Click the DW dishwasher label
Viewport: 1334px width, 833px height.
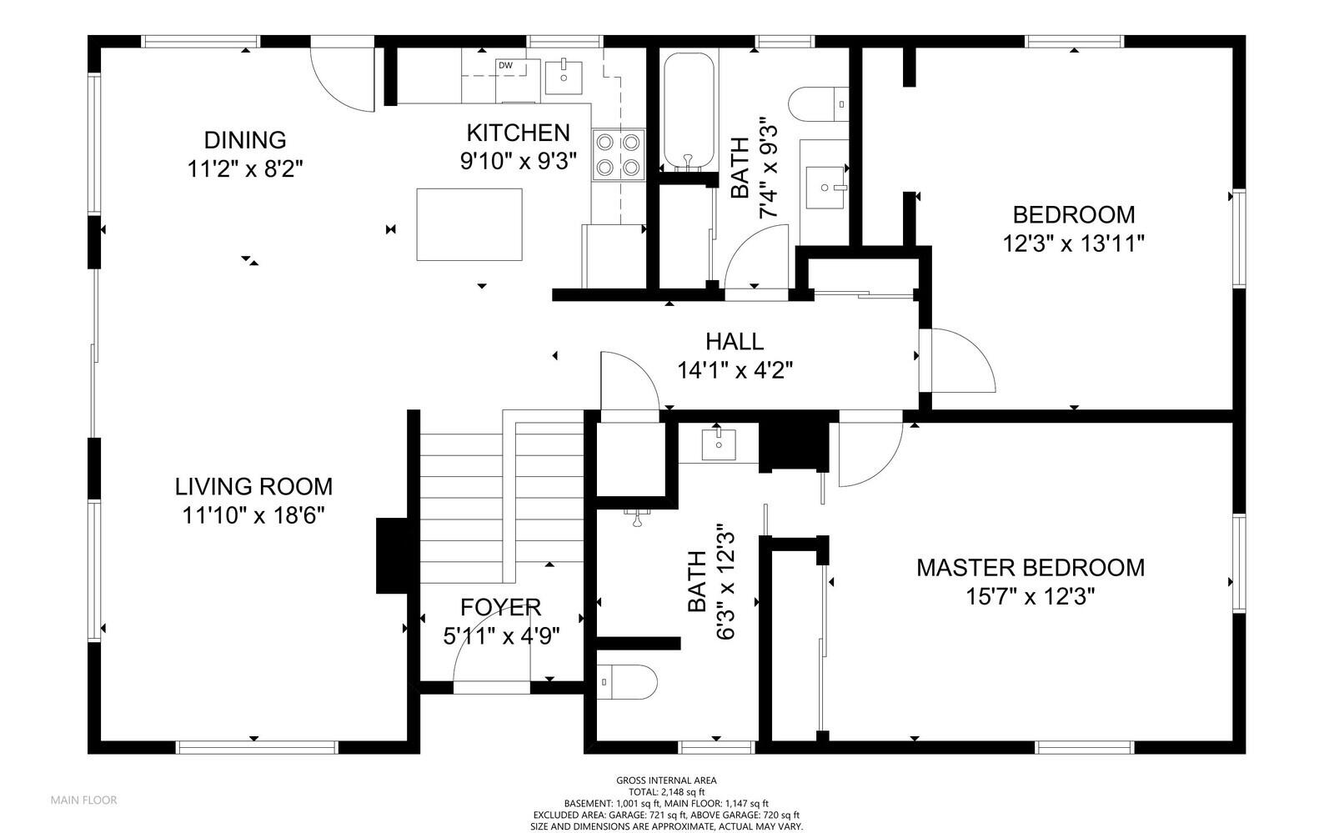tap(505, 66)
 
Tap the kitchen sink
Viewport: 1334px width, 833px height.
tap(564, 77)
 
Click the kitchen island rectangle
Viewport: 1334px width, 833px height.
tap(469, 224)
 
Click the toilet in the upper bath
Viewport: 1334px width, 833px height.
tap(818, 105)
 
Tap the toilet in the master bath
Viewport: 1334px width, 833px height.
tap(626, 682)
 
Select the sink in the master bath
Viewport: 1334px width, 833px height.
tap(719, 444)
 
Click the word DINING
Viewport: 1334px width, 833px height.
tap(245, 141)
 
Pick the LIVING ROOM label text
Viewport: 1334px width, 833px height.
tap(253, 486)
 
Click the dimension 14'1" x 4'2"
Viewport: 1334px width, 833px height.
tap(735, 370)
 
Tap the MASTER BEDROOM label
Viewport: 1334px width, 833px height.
tap(1031, 568)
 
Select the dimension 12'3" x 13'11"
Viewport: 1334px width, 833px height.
tap(1074, 243)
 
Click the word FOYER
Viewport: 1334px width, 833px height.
tap(501, 607)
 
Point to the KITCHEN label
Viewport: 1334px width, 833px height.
tap(518, 133)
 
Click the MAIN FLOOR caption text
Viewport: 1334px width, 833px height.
tap(83, 800)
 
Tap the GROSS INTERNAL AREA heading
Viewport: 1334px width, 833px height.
tap(666, 780)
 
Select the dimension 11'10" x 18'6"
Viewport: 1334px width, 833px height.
tap(253, 515)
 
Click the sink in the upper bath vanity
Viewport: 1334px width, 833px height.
tap(825, 188)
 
